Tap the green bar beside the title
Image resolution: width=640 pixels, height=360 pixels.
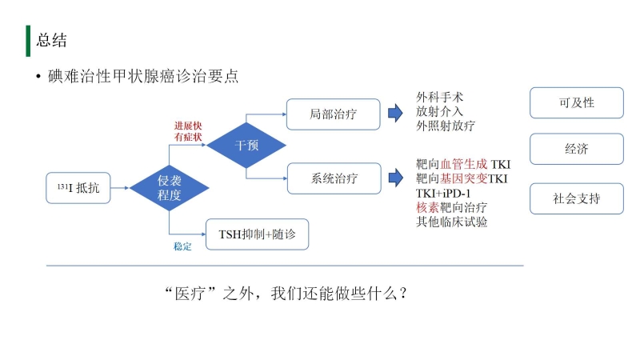[28, 40]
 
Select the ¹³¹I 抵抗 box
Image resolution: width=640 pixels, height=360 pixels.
[78, 190]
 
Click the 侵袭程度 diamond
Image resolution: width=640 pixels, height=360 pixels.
[170, 188]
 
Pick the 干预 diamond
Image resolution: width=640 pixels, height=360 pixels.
[246, 145]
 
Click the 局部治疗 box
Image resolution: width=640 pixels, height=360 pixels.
[334, 114]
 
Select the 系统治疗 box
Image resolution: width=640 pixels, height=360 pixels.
[334, 178]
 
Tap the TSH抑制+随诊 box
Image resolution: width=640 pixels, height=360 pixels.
[257, 234]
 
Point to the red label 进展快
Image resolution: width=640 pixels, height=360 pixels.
[190, 126]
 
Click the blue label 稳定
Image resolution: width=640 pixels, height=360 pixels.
[182, 246]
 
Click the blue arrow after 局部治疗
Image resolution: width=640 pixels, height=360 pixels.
[394, 114]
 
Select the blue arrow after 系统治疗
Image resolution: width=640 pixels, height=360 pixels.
[394, 178]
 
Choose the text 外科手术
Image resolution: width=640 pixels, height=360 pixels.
[440, 98]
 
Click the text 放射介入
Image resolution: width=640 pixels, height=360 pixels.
[440, 111]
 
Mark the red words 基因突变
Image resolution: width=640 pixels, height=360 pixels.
[464, 178]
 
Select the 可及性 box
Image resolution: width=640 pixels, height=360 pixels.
[576, 102]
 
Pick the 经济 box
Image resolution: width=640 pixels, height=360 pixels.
[576, 149]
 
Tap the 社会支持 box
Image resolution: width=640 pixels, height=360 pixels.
[576, 198]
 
